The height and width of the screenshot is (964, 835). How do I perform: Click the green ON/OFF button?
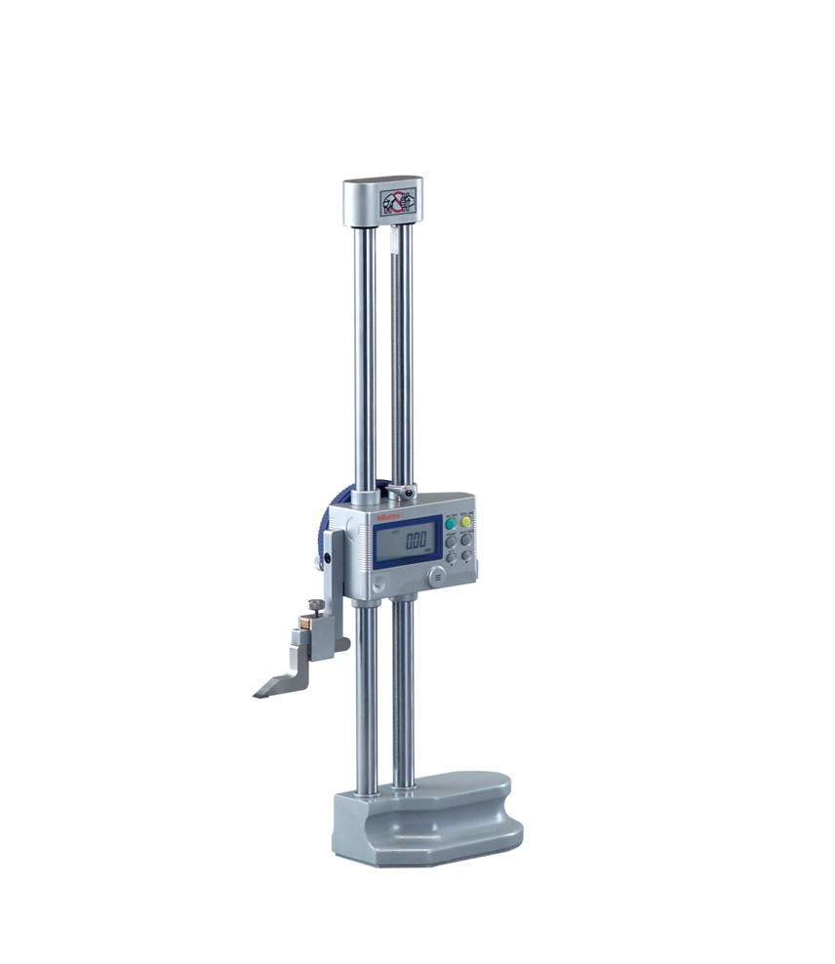(x=451, y=523)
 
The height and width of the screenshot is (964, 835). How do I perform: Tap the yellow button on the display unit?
(x=467, y=522)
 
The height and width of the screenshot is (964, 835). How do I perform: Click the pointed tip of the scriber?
(x=257, y=694)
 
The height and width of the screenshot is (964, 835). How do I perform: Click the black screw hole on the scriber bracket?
(x=329, y=558)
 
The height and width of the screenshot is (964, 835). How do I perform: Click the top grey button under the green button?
(x=451, y=541)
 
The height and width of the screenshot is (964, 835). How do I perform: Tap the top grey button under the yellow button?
(x=467, y=540)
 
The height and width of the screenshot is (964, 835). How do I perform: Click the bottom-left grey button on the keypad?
(x=451, y=556)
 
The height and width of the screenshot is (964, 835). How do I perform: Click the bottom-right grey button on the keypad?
(x=467, y=555)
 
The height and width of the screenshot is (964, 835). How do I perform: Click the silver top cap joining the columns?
(x=382, y=200)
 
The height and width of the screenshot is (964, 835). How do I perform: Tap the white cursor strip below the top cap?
(x=393, y=239)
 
